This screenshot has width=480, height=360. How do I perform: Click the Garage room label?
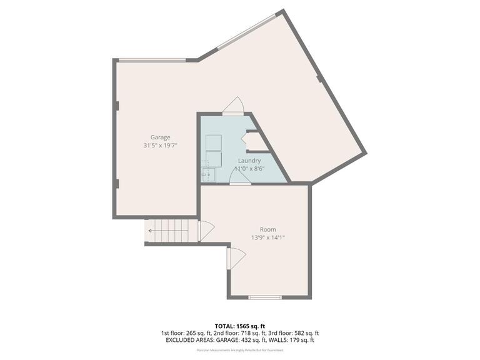coord(160,137)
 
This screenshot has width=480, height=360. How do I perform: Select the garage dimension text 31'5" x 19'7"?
coord(160,146)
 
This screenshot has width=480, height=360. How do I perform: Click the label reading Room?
coord(267,229)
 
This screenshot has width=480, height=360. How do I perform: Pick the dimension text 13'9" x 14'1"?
coord(267,237)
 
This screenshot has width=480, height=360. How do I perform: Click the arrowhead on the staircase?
coord(150,231)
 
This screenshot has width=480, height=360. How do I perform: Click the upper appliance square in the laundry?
coord(213,142)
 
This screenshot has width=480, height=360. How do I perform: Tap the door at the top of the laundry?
coord(234,107)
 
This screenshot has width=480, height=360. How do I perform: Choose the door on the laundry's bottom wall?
coord(239,178)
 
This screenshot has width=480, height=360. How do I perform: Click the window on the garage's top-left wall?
coord(152,60)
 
